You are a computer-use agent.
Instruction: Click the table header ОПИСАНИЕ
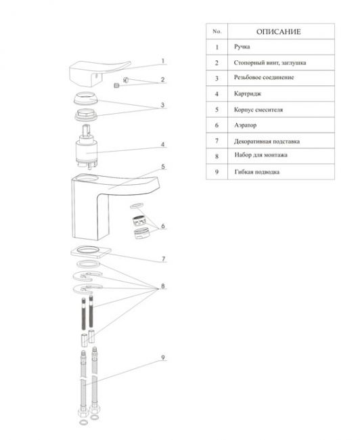[278, 31]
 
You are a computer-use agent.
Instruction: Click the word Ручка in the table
[242, 47]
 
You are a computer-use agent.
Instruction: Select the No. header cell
[217, 31]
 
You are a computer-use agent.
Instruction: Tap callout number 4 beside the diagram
[162, 144]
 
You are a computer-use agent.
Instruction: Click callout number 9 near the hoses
[163, 357]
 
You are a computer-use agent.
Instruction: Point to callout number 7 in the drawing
[164, 259]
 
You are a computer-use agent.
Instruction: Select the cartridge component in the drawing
[87, 148]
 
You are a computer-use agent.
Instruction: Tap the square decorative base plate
[91, 252]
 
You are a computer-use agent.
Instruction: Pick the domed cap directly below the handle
[85, 100]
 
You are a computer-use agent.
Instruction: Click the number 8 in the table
[217, 156]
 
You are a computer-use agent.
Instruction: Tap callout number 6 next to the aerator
[163, 226]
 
